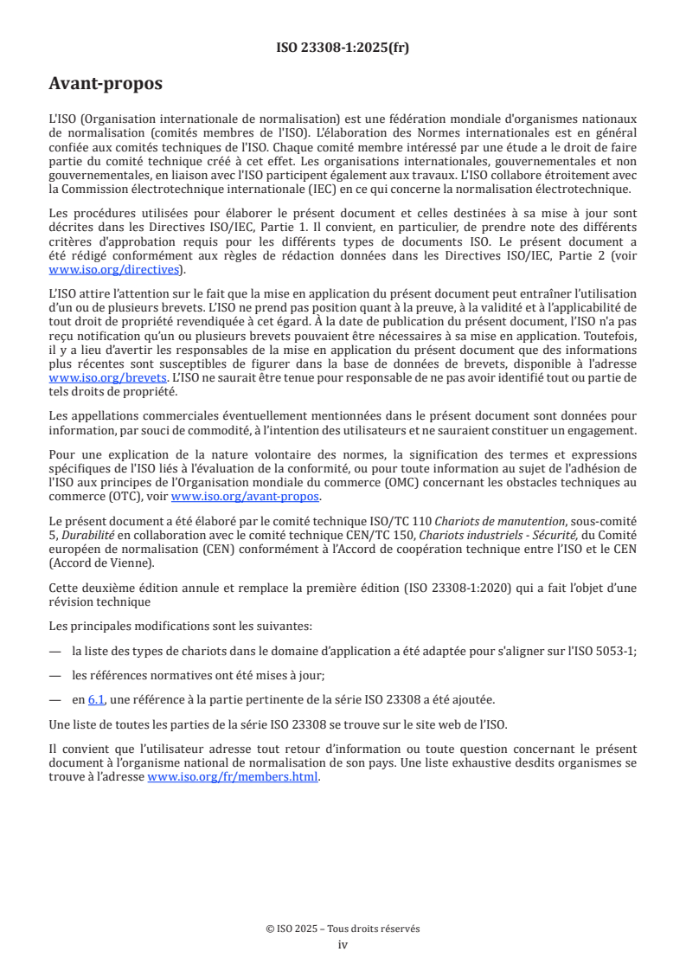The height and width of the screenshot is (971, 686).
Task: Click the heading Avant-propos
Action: click(106, 84)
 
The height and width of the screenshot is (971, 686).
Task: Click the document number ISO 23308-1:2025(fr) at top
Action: click(343, 48)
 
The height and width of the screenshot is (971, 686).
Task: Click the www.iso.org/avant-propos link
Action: click(246, 496)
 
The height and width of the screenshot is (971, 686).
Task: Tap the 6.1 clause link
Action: click(96, 699)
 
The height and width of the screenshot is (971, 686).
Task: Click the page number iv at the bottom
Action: click(343, 944)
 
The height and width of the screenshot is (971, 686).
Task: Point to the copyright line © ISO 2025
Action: click(343, 929)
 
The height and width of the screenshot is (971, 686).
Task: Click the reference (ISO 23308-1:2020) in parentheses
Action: click(462, 588)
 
